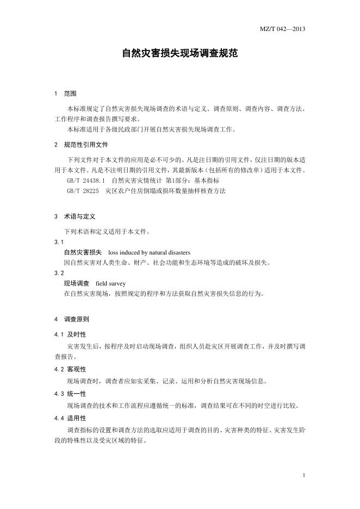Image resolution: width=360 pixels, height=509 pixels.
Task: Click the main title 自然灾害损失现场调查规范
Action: (179, 54)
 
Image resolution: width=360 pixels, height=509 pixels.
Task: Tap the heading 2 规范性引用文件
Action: (82, 145)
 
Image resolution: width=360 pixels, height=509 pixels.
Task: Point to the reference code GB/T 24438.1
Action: (85, 180)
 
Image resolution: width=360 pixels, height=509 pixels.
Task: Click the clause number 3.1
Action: (59, 241)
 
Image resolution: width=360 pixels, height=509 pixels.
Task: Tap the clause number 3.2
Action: (59, 272)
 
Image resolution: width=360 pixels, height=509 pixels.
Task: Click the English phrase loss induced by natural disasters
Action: (149, 252)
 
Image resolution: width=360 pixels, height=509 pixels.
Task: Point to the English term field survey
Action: (110, 283)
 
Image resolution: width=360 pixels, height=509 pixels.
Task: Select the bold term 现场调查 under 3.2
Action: (76, 283)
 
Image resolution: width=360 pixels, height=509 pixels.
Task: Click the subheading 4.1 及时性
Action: (70, 334)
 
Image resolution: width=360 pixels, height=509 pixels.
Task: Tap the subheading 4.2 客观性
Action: (70, 369)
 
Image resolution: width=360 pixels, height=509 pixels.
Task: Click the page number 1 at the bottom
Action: (303, 475)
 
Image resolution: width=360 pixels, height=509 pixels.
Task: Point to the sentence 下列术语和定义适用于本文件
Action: (107, 231)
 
